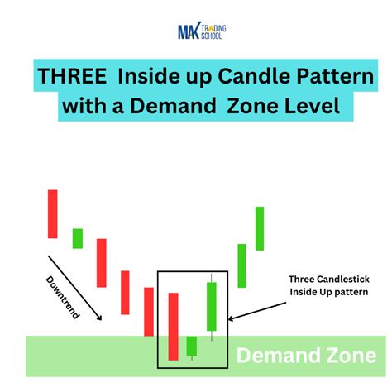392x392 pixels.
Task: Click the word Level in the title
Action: click(304, 107)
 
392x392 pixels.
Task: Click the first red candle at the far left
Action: click(52, 213)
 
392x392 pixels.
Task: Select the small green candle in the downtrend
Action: click(78, 238)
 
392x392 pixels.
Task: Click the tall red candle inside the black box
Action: click(173, 326)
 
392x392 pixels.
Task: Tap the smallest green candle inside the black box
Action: click(192, 346)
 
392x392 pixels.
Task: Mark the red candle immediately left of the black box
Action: click(149, 312)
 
